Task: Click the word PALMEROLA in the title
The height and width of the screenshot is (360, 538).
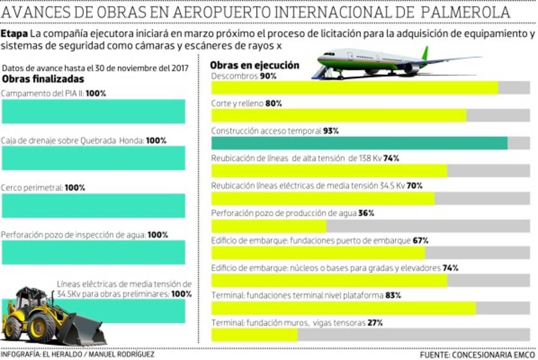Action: tap(466, 12)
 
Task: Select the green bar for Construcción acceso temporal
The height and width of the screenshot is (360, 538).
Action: tap(359, 143)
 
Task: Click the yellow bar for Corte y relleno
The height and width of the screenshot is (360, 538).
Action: tap(338, 115)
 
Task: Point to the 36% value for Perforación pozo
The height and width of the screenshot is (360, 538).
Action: tap(366, 213)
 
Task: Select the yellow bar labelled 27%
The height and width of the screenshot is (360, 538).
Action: tap(254, 335)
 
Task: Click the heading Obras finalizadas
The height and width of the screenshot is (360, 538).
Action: tap(43, 79)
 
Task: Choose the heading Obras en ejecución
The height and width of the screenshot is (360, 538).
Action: tap(254, 65)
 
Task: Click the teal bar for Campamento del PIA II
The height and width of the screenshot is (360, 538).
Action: tap(93, 111)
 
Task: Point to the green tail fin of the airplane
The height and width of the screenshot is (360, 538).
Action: tap(425, 53)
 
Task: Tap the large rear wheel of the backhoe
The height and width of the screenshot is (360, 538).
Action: tap(41, 327)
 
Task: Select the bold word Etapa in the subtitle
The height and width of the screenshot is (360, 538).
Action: tap(15, 34)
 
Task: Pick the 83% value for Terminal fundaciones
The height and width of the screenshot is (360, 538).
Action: tap(393, 295)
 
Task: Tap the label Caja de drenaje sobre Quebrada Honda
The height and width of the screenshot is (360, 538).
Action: tap(72, 140)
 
